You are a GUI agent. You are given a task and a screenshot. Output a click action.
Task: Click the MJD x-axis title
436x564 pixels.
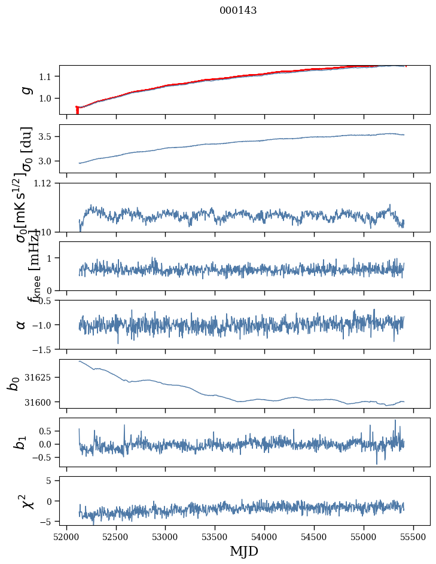tap(244, 551)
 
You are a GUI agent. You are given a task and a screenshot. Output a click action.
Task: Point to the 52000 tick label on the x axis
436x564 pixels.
tap(66, 537)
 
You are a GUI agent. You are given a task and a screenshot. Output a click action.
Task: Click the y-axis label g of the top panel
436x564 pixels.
tap(25, 90)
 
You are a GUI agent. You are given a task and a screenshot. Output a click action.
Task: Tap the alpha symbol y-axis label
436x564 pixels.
tap(21, 324)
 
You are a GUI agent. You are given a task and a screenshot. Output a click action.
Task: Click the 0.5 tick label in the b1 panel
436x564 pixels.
tap(46, 431)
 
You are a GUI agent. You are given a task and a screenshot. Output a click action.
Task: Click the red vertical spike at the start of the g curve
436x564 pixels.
tap(77, 111)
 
